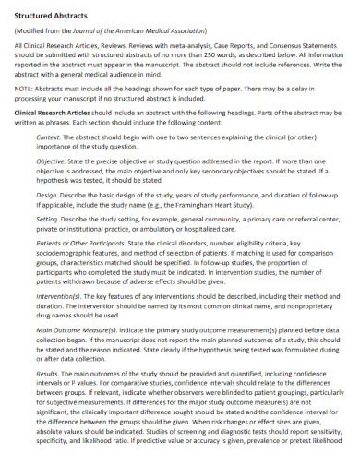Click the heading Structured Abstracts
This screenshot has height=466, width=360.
click(x=51, y=15)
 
